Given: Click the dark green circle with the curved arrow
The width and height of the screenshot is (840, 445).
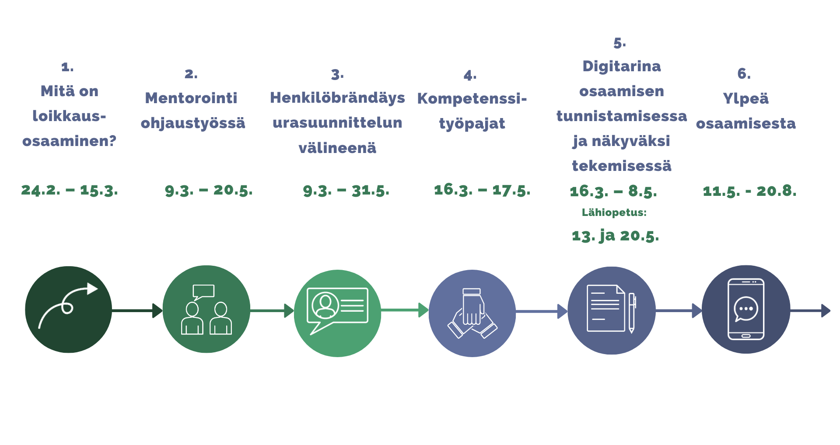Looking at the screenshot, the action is click(69, 309).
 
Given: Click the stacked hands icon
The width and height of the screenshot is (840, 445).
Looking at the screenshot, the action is click(472, 313).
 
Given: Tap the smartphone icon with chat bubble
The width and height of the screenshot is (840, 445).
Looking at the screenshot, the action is click(746, 309).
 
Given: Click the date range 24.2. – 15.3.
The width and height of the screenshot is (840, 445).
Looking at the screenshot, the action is click(70, 190).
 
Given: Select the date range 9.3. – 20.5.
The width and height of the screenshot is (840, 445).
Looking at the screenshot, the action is click(209, 190).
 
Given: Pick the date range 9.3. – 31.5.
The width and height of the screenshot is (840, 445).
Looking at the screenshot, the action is click(346, 191).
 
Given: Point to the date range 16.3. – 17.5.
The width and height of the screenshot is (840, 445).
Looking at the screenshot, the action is click(482, 190).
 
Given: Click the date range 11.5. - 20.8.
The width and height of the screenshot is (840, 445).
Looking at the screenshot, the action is click(749, 191).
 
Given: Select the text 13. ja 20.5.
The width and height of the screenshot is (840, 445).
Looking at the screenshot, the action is click(615, 236).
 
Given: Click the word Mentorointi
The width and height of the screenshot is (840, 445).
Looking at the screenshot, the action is click(191, 98).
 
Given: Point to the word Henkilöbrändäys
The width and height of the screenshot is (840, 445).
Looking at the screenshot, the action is click(337, 98).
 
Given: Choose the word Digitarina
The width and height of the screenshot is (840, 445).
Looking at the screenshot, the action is click(622, 66).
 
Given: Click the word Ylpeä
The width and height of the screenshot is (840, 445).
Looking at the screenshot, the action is click(745, 98).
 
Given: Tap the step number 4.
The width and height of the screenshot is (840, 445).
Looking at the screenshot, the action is click(470, 75).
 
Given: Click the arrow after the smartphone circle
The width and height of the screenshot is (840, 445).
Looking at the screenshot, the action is click(810, 311).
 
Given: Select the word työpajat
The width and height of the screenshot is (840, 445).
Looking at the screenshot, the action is click(472, 124).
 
